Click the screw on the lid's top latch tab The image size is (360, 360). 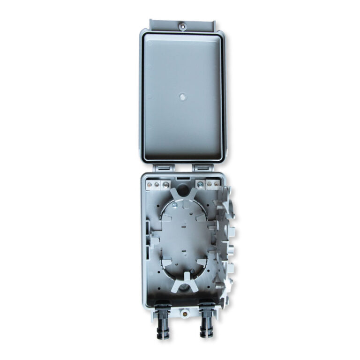click(x=181, y=25)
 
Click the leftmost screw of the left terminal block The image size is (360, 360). click(x=150, y=185)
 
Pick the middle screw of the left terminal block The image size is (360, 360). click(x=157, y=185)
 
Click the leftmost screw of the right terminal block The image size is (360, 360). click(x=201, y=185)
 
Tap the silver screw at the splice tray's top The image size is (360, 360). click(x=174, y=205)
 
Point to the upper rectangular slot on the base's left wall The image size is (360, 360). click(x=149, y=229)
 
